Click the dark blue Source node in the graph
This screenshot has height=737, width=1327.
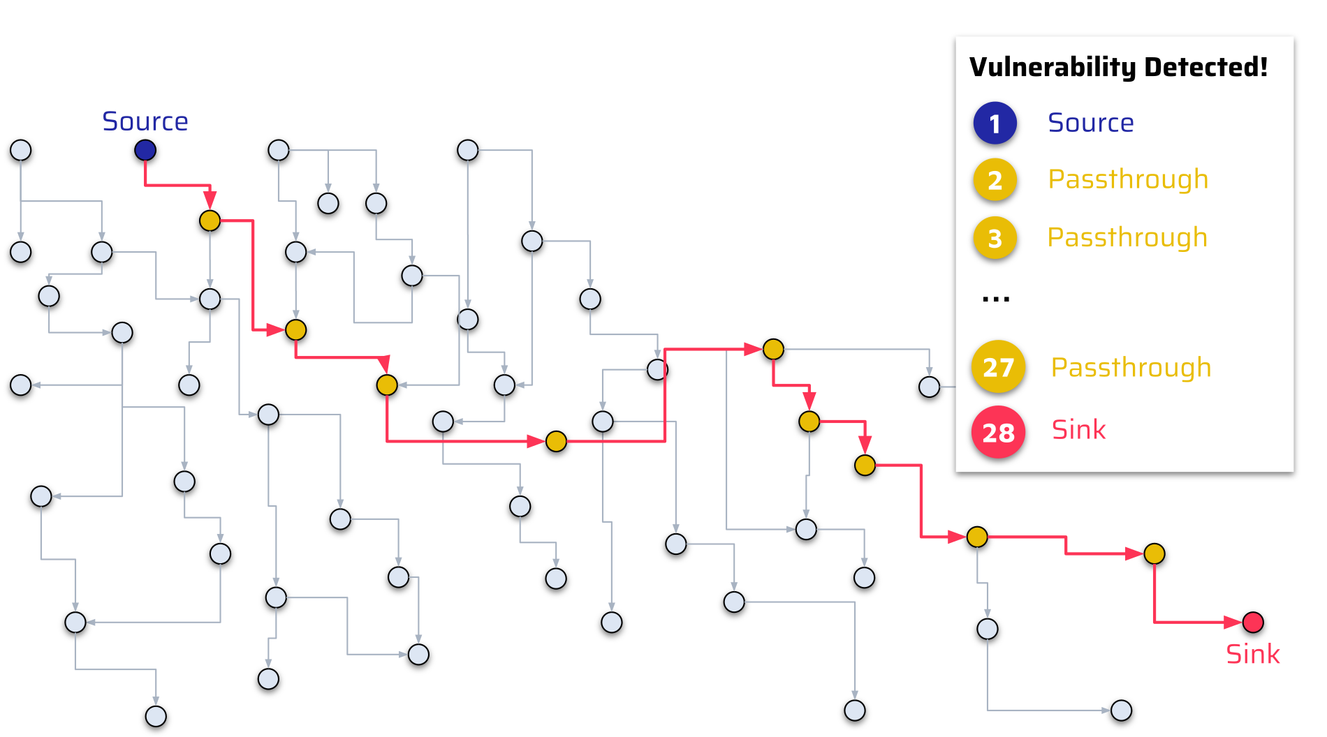click(x=145, y=150)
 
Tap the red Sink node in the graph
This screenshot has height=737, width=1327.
click(x=1253, y=622)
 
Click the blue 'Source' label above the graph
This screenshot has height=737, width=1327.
click(x=145, y=121)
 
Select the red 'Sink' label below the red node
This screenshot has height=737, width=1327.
click(x=1253, y=655)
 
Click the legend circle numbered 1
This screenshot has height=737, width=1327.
click(x=995, y=124)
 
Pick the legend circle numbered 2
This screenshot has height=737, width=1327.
click(x=995, y=180)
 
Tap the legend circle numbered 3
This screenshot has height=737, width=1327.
click(x=995, y=238)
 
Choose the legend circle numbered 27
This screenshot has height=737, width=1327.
click(x=998, y=366)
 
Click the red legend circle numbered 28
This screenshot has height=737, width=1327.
click(x=998, y=432)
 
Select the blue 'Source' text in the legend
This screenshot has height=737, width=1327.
click(x=1090, y=123)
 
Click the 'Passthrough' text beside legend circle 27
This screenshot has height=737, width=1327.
click(x=1131, y=367)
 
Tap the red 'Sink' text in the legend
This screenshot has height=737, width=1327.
click(x=1078, y=430)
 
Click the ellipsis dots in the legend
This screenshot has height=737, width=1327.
click(x=995, y=299)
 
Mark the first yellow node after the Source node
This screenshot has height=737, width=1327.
click(x=210, y=221)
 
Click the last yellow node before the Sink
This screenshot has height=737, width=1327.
click(x=1154, y=553)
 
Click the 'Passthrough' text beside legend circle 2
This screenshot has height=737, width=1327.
click(x=1128, y=179)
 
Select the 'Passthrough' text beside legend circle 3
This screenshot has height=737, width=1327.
click(x=1127, y=237)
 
